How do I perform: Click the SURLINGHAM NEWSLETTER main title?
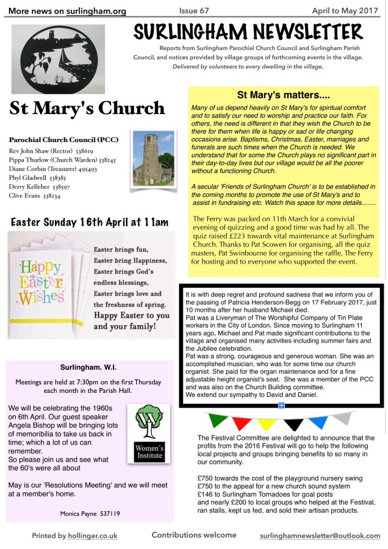[x=248, y=31]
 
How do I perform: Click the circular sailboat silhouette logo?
[x=51, y=59]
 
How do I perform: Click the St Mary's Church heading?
[x=87, y=109]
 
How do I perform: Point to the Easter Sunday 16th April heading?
[x=90, y=222]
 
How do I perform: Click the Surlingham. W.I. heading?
[x=89, y=367]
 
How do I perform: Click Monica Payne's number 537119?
[x=107, y=514]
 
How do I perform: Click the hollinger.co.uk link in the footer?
[x=92, y=536]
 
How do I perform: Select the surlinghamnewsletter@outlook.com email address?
[x=320, y=536]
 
